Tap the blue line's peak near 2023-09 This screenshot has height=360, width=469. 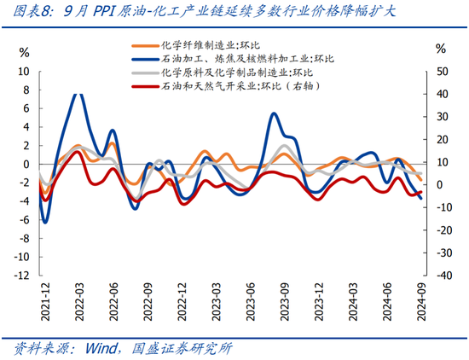pos(274,114)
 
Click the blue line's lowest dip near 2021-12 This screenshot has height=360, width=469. pos(44,222)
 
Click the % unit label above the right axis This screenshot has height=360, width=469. pos(440,49)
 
